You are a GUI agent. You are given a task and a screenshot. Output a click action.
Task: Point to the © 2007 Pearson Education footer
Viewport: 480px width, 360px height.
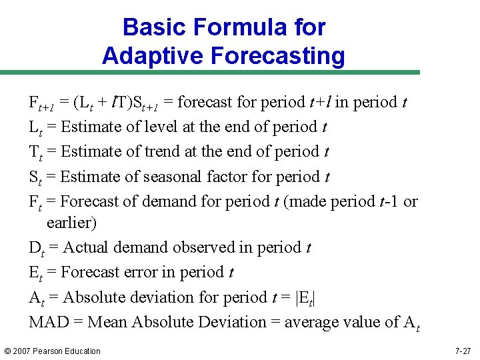(52, 351)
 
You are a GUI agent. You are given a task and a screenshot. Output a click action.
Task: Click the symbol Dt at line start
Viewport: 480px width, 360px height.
(36, 248)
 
